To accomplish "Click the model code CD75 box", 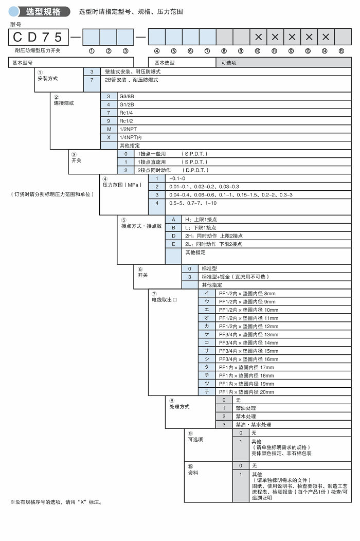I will [x=39, y=37].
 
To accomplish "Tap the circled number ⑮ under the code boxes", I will [x=341, y=50].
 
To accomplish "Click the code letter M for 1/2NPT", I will [x=109, y=129].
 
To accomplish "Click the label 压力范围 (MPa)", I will [x=121, y=184].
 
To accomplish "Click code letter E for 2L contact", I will [x=173, y=244].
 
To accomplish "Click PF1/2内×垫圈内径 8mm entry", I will [x=247, y=294].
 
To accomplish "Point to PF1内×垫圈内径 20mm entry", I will [x=246, y=392].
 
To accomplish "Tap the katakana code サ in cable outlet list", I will [x=206, y=351].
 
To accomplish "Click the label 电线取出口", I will [x=164, y=299].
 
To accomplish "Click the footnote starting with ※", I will [x=57, y=502].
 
